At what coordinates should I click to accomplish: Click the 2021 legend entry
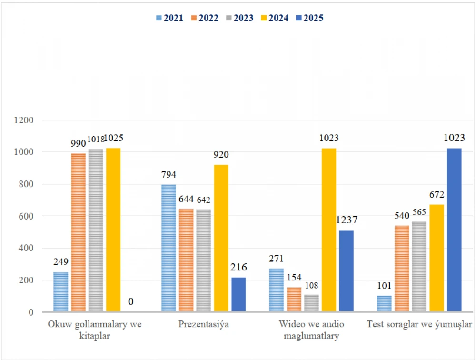click(x=169, y=18)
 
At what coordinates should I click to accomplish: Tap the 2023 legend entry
click(x=240, y=18)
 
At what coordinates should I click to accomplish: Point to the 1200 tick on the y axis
click(x=24, y=120)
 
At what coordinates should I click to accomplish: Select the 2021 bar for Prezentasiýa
click(x=169, y=248)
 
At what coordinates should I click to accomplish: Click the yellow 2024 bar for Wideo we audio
click(x=329, y=230)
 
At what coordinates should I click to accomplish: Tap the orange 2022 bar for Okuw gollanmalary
click(x=78, y=232)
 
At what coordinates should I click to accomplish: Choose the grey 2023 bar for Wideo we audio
click(x=311, y=303)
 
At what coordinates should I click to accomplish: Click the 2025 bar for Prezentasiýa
click(x=238, y=295)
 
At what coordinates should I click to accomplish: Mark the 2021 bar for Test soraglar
click(x=384, y=304)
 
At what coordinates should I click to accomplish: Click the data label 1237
click(x=346, y=220)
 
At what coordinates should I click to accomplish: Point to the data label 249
click(x=61, y=262)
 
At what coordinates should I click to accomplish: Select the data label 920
click(x=221, y=155)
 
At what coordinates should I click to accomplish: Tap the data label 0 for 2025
click(x=130, y=302)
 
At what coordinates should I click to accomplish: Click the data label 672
click(x=436, y=195)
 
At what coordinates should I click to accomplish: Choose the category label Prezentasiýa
click(x=204, y=325)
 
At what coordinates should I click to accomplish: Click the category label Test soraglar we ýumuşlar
click(x=419, y=325)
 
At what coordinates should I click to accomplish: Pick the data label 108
click(x=311, y=286)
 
